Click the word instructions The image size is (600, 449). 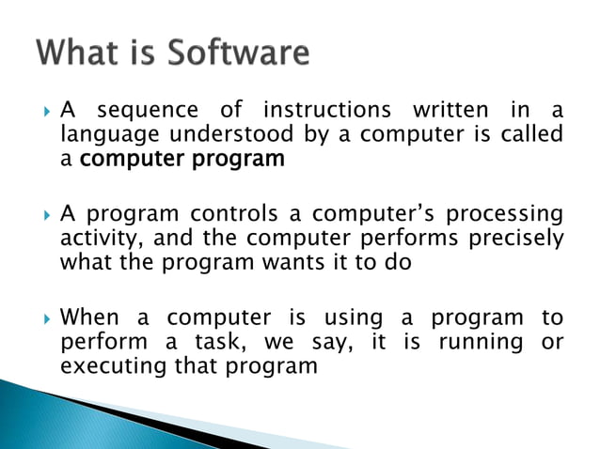326,112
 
